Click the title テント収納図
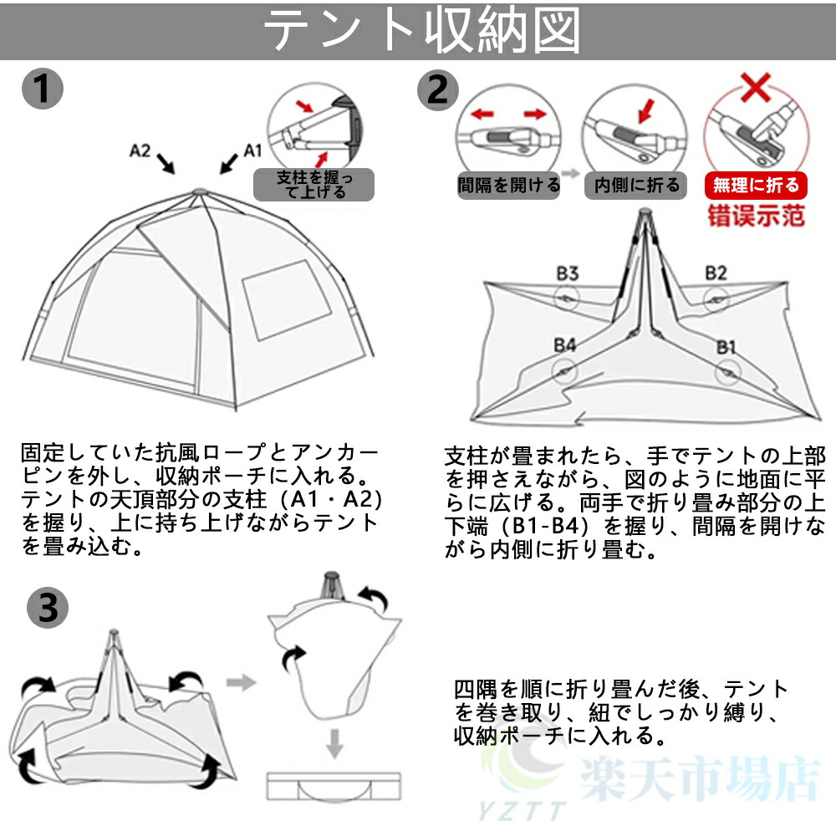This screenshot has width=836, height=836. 421,31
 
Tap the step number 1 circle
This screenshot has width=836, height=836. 43,89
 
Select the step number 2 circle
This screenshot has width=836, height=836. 438,90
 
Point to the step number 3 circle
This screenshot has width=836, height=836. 48,608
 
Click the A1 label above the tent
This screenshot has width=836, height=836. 252,150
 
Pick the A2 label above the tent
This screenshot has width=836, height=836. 140,150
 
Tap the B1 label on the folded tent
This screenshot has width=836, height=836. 726,348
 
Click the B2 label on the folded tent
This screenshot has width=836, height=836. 716,273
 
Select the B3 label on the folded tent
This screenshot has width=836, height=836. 568,273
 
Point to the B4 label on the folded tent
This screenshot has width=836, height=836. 564,345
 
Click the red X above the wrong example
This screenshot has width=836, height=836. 756,87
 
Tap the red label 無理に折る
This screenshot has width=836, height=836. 756,185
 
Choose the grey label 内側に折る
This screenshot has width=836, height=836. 637,185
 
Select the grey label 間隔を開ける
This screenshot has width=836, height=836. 508,185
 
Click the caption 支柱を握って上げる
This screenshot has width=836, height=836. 314,185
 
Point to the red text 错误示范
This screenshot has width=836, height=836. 756,216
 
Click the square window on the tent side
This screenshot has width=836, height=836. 287,300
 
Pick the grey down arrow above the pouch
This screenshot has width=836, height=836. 334,743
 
